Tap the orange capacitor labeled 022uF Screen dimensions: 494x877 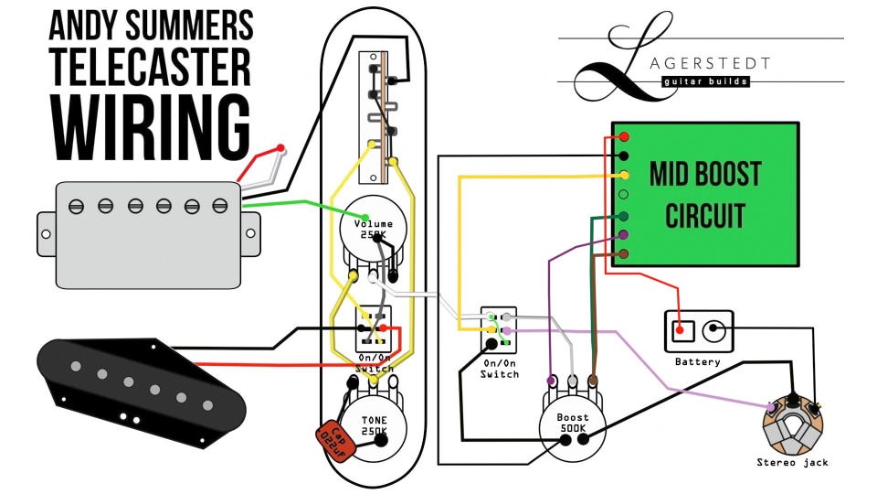(x=335, y=442)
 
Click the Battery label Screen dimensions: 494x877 (x=697, y=362)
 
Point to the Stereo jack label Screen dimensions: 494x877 (x=792, y=462)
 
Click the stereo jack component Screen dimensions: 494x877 (x=792, y=424)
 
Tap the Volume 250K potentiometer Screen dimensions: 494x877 (x=374, y=233)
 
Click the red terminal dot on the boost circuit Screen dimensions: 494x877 (x=624, y=136)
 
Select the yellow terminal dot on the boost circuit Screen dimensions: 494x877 (x=624, y=175)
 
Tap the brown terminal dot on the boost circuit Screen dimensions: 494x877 (x=624, y=253)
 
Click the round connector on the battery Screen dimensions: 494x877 (x=714, y=328)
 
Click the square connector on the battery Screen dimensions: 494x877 (x=680, y=329)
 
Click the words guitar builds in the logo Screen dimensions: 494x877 (x=705, y=81)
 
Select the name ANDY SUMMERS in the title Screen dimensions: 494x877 (x=151, y=22)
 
